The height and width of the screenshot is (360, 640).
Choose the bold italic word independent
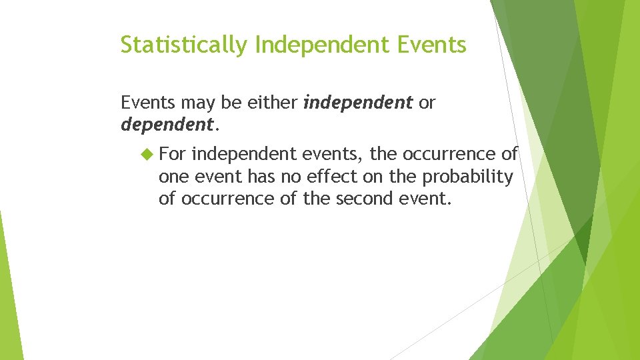(358, 103)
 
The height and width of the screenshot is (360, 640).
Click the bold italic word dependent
(167, 124)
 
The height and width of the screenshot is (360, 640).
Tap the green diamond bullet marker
(147, 155)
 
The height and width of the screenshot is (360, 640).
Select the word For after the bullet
(173, 154)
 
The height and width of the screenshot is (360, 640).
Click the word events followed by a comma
(333, 154)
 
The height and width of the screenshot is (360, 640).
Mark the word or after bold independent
(427, 103)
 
